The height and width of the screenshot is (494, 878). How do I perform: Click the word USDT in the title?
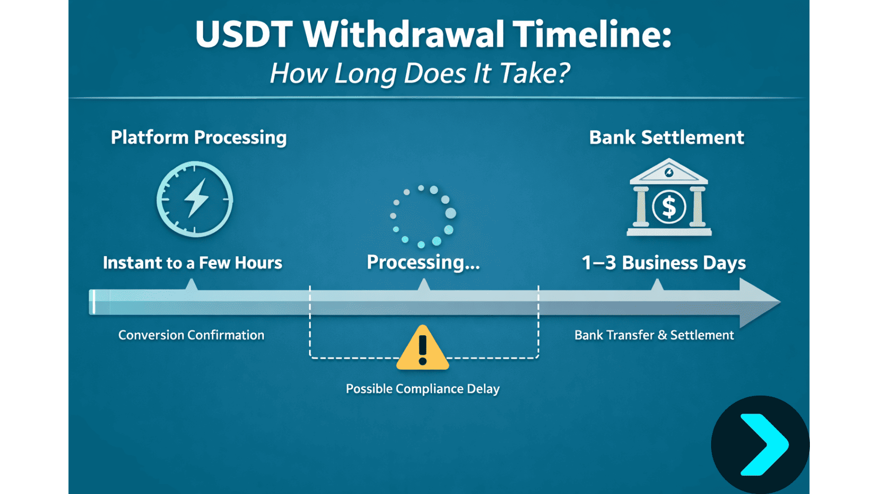[x=243, y=34]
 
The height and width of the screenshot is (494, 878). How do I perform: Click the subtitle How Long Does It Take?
[x=420, y=73]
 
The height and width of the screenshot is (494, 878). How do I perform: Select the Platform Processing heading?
[x=198, y=137]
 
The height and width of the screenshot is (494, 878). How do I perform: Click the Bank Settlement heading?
[x=666, y=137]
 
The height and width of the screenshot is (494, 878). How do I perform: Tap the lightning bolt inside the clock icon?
[x=197, y=198]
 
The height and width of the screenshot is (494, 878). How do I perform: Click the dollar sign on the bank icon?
[x=669, y=207]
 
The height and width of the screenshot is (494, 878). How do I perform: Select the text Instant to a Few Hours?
[x=192, y=263]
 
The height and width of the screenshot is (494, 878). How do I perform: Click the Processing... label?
[x=423, y=262]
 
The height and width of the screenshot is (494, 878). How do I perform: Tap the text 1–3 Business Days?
[x=663, y=263]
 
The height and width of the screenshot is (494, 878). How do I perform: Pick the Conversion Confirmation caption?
[x=191, y=335]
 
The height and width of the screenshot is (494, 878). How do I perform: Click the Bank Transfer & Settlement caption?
[x=654, y=335]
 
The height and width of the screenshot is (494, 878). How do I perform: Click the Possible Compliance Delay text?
[x=423, y=388]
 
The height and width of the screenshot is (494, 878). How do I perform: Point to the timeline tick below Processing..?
[x=424, y=285]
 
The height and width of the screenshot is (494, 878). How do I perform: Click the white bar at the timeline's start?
[x=93, y=302]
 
